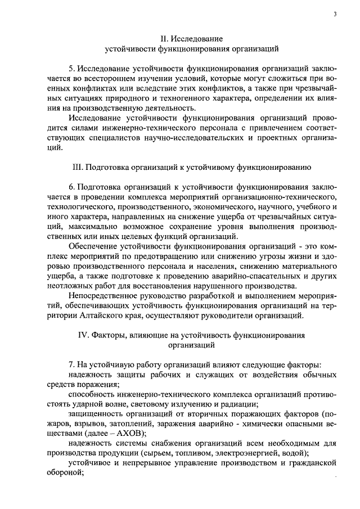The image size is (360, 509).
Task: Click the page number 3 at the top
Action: [334, 14]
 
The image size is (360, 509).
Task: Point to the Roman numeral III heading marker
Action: [78, 168]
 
